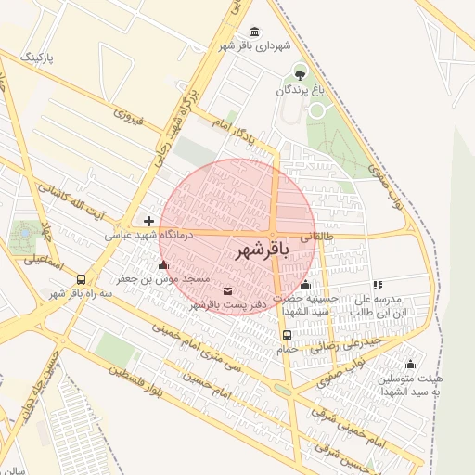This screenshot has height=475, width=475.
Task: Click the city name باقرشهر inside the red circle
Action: [x=256, y=250]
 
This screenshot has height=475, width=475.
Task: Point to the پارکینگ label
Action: [x=39, y=58]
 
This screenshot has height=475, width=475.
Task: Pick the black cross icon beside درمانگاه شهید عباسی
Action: [x=149, y=221]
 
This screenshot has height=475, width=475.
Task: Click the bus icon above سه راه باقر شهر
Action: [x=82, y=278]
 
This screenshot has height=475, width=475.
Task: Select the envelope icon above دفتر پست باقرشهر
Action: [x=228, y=291]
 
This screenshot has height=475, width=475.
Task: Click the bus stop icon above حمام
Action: [x=287, y=336]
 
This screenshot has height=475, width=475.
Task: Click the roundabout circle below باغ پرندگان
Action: [x=318, y=110]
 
